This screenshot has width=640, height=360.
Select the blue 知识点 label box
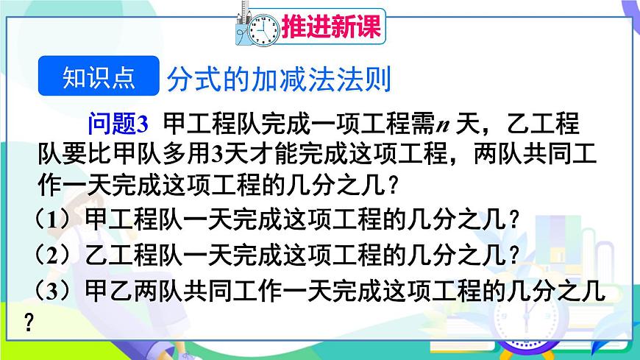coord(98,77)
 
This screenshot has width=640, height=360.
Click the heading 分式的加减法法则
coord(279,79)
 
